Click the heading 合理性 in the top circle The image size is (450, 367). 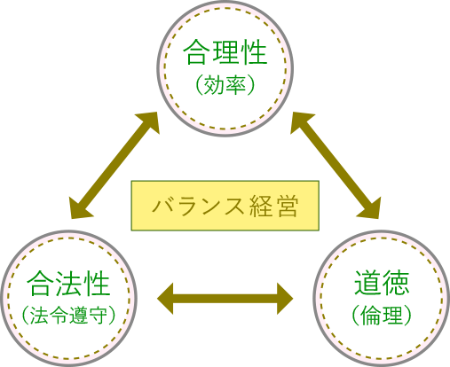pos(225,52)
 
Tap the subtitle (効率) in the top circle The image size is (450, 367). pos(225,85)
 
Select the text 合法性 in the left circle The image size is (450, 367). pos(68,284)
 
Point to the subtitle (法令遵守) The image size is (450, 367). pos(68,315)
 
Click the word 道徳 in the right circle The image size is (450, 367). pos(382,283)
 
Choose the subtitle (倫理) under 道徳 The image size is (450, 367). pos(382,315)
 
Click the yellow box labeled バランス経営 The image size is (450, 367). pos(225,206)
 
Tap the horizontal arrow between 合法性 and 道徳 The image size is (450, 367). pos(225,299)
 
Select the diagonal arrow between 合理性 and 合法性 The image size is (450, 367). pos(114,166)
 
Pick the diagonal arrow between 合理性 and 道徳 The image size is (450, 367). pos(336,166)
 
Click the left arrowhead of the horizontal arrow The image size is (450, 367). pos(165,299)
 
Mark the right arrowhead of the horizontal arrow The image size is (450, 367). pos(285,299)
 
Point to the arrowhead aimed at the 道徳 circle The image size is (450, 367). pos(371,210)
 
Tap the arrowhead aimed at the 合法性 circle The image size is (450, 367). pos(79,210)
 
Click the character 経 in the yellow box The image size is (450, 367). pos(261,206)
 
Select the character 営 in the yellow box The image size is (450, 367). pos(286,206)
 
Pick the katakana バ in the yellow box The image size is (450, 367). pos(162,206)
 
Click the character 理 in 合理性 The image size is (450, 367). pos(225,52)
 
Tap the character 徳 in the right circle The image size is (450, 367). pos(396,283)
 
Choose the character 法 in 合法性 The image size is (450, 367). pos(68,284)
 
